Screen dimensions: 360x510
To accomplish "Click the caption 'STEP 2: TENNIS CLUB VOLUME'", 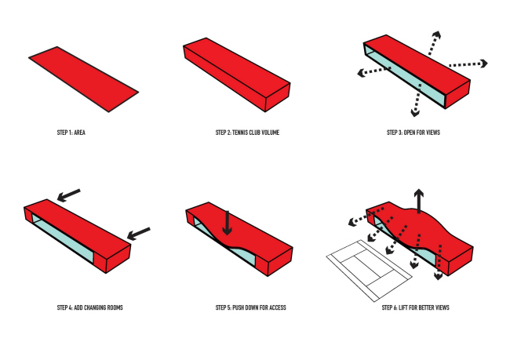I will (x=247, y=133).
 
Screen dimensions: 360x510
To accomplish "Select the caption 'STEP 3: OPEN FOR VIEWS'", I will (x=413, y=133).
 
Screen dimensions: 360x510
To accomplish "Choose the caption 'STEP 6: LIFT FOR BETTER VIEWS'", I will (x=415, y=307).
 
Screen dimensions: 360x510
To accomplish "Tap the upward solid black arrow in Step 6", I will (x=420, y=201).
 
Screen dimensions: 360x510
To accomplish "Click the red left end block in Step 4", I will (x=29, y=216).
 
